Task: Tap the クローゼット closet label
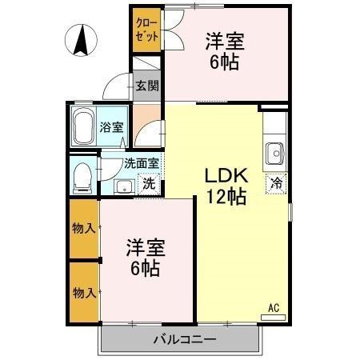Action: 146,30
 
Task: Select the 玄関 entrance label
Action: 146,86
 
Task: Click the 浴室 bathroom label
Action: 111,126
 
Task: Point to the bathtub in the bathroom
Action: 84,126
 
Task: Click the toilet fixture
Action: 81,177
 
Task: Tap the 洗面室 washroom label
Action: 142,163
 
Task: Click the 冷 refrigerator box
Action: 277,182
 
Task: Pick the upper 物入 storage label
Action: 84,228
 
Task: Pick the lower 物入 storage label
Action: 84,292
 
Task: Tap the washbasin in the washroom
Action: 122,186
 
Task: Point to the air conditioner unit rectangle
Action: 273,318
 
